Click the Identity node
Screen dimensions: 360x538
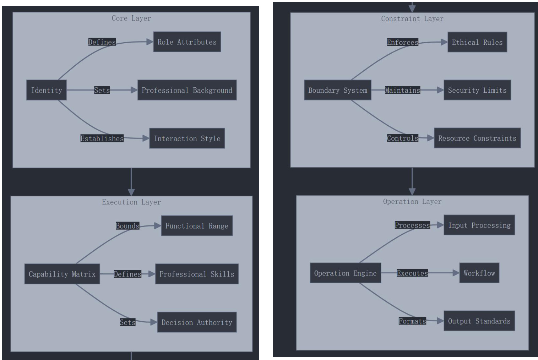click(x=46, y=90)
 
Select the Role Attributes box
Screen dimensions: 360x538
click(x=187, y=42)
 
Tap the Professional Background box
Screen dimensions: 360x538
click(x=187, y=90)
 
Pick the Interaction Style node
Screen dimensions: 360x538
click(x=187, y=138)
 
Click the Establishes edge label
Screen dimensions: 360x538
click(x=102, y=138)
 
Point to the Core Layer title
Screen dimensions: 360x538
click(x=131, y=18)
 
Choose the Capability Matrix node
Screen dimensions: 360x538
click(x=62, y=274)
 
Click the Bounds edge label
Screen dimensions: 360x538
click(x=127, y=226)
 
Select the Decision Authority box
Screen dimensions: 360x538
click(x=197, y=322)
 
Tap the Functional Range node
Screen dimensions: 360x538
click(x=197, y=226)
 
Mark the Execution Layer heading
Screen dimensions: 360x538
click(x=131, y=202)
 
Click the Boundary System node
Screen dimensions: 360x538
click(x=337, y=90)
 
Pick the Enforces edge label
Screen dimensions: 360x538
click(x=402, y=42)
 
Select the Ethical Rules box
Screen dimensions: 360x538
click(x=477, y=42)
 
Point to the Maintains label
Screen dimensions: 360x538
click(x=402, y=90)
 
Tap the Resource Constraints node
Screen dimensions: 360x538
click(x=477, y=138)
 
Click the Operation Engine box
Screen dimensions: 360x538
click(x=345, y=273)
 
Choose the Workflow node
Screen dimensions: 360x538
click(x=479, y=273)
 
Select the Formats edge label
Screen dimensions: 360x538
click(x=412, y=321)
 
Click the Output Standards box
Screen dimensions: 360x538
click(x=479, y=321)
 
